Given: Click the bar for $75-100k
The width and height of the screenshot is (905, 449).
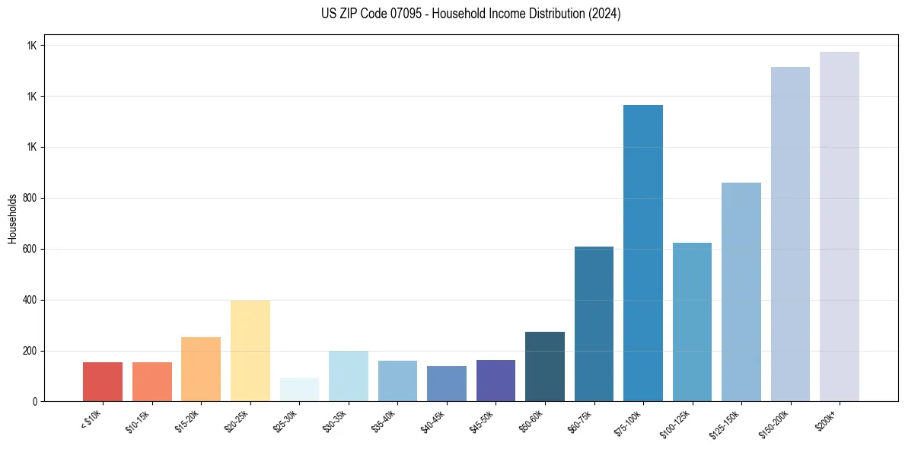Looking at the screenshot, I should (643, 253).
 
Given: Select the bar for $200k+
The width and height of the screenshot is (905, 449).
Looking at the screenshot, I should (840, 226).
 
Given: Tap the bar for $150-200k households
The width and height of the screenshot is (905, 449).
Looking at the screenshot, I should (790, 234).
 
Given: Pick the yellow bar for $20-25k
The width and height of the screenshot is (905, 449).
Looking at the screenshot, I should (250, 350).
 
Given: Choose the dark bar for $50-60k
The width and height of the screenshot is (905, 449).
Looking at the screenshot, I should (545, 366).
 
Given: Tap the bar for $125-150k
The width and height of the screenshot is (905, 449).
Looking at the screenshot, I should (741, 291).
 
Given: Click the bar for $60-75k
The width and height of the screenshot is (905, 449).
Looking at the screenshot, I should (594, 323).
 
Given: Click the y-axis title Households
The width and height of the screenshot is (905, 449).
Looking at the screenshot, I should (12, 218).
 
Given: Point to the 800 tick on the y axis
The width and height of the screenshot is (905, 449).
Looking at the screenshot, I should (30, 198).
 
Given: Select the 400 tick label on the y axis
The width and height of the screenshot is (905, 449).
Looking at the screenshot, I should (30, 300).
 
